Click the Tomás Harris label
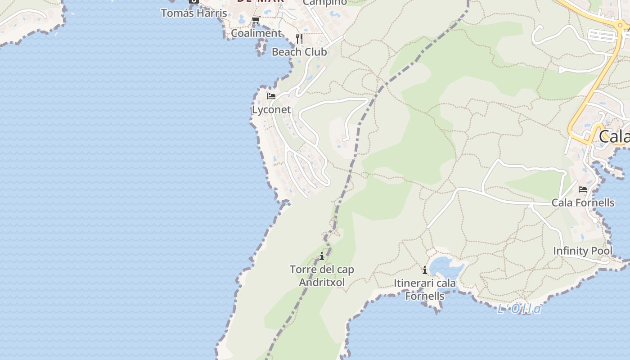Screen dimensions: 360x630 pyautogui.click(x=194, y=13)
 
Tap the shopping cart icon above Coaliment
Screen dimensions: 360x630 pyautogui.click(x=256, y=20)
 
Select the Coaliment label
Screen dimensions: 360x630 pyautogui.click(x=256, y=33)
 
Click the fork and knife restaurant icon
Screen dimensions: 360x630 pyautogui.click(x=299, y=39)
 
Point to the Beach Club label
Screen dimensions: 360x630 pyautogui.click(x=299, y=52)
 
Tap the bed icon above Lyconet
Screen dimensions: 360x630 pyautogui.click(x=271, y=96)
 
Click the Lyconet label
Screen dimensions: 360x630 pyautogui.click(x=271, y=110)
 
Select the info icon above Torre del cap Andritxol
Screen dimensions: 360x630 pyautogui.click(x=322, y=256)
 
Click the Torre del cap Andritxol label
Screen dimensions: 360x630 pyautogui.click(x=322, y=276)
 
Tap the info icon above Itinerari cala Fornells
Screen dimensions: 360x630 pyautogui.click(x=425, y=270)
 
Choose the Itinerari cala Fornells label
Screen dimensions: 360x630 pyautogui.click(x=425, y=290)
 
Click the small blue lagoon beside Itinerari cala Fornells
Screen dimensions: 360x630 pyautogui.click(x=445, y=266)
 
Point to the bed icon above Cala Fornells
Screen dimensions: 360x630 pyautogui.click(x=583, y=189)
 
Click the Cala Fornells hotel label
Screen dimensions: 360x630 pyautogui.click(x=583, y=203)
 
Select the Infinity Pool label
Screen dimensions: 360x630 pyautogui.click(x=583, y=251)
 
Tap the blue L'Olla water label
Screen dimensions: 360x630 pyautogui.click(x=519, y=309)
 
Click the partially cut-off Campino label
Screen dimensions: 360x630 pyautogui.click(x=325, y=3)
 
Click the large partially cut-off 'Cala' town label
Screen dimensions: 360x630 pyautogui.click(x=614, y=136)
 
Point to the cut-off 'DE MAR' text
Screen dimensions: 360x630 pyautogui.click(x=261, y=1)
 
